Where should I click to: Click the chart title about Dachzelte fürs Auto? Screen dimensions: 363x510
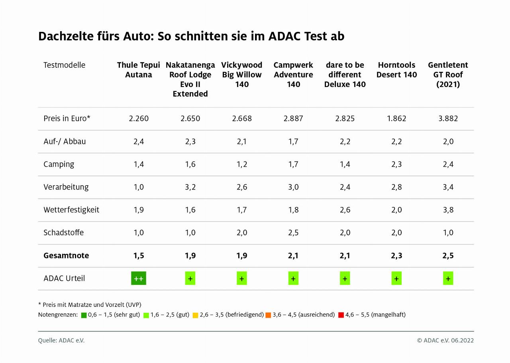(191, 36)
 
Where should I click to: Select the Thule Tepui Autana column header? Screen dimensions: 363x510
(139, 70)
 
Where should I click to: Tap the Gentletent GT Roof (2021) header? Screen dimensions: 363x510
(448, 75)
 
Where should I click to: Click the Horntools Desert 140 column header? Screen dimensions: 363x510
(396, 70)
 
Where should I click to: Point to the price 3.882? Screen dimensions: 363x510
(448, 118)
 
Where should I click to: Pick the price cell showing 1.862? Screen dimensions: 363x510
(396, 118)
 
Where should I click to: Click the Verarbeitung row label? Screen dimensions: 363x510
(66, 187)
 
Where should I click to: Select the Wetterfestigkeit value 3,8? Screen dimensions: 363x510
(448, 210)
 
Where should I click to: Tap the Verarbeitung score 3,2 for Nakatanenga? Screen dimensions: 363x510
(190, 187)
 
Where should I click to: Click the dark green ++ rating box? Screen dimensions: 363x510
(139, 278)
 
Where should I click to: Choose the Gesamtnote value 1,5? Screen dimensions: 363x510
(139, 256)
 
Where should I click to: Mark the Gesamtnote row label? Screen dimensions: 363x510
(66, 256)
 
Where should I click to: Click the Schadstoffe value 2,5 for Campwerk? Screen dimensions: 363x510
(293, 233)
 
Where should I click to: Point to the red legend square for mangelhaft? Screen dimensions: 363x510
(341, 315)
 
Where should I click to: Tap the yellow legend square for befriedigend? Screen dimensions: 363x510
(195, 315)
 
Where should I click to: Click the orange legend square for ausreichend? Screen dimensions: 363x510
(268, 315)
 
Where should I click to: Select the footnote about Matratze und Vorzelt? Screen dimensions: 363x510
(90, 304)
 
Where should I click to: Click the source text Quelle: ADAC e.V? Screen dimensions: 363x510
(61, 340)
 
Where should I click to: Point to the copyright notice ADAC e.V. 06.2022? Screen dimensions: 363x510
(445, 340)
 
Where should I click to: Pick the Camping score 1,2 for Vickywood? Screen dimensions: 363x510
(242, 164)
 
